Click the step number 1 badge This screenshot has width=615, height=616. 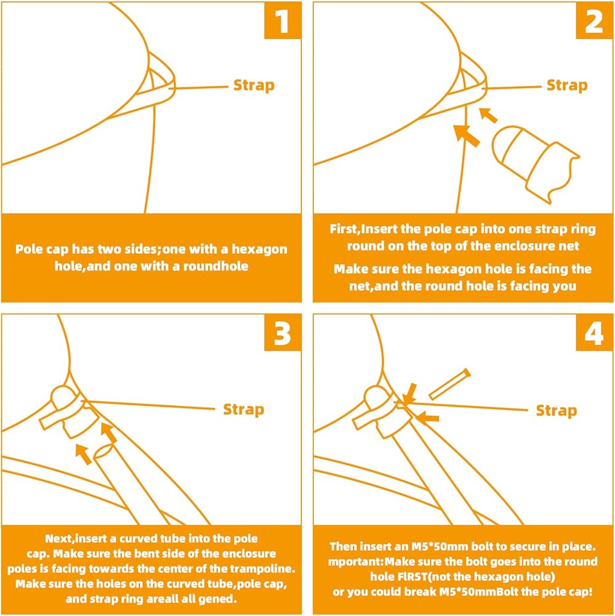[x=283, y=20]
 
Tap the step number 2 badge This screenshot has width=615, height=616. [x=594, y=20]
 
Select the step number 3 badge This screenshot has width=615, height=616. [x=283, y=333]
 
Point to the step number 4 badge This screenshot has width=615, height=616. [x=594, y=333]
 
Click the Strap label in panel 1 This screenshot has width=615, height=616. [x=254, y=86]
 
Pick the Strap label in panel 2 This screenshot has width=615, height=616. [x=567, y=86]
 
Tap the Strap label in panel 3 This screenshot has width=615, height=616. [x=244, y=410]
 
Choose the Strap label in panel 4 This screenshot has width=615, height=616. [x=557, y=411]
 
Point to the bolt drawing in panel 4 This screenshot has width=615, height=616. [x=449, y=384]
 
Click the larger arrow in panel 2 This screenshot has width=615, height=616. [x=467, y=136]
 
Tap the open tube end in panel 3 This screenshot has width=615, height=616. [x=105, y=451]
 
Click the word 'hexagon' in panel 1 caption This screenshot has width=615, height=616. [x=259, y=249]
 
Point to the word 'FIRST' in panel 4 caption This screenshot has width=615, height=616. [x=412, y=577]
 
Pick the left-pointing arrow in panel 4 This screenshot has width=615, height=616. [x=427, y=417]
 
